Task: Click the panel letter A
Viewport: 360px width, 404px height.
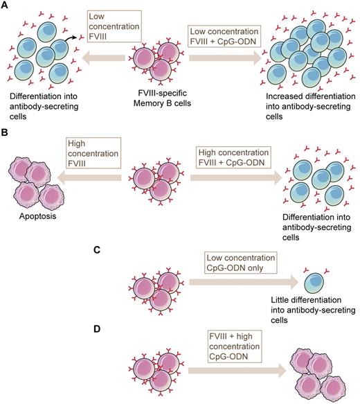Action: pos(5,6)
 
